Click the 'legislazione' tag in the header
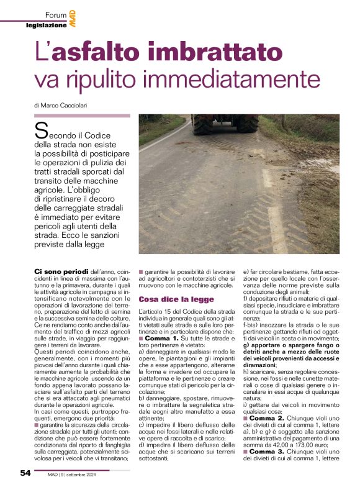click(x=46, y=25)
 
